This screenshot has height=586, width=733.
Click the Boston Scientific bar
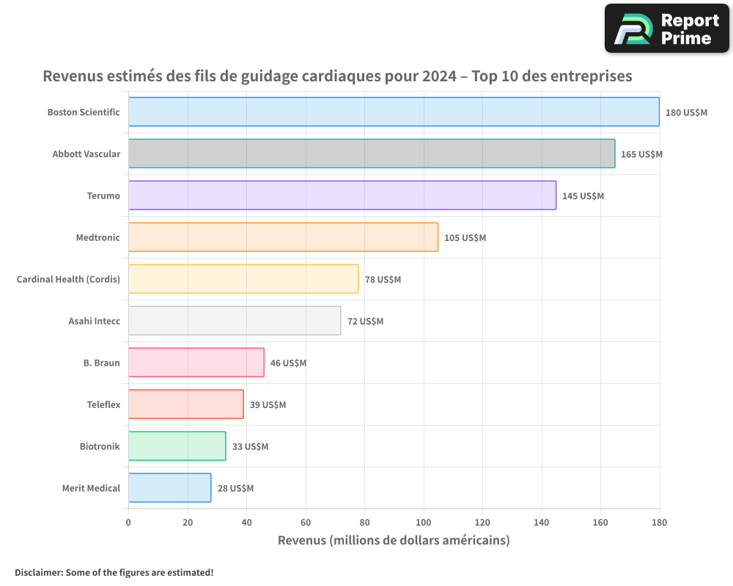click(394, 111)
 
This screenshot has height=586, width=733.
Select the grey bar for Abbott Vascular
click(372, 153)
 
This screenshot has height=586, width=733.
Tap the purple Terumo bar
click(342, 196)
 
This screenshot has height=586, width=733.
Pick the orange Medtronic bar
click(283, 237)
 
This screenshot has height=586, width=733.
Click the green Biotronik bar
click(177, 446)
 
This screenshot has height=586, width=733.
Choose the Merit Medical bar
click(170, 487)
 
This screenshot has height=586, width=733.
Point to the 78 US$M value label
click(383, 279)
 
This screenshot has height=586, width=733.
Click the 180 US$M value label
click(686, 113)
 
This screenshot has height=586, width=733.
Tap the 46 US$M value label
click(288, 363)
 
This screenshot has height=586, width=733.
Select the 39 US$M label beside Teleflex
click(268, 404)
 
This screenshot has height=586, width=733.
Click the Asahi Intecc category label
click(95, 321)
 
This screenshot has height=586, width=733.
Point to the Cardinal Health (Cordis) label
click(68, 279)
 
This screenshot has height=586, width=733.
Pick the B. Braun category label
click(101, 363)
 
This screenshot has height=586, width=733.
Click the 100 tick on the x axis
click(424, 522)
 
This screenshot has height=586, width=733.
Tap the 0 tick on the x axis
click(128, 522)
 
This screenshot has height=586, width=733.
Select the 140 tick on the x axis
click(542, 522)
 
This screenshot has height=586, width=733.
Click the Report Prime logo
click(666, 29)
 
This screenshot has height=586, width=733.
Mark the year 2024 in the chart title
click(439, 75)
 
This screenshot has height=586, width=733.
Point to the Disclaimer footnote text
click(114, 572)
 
